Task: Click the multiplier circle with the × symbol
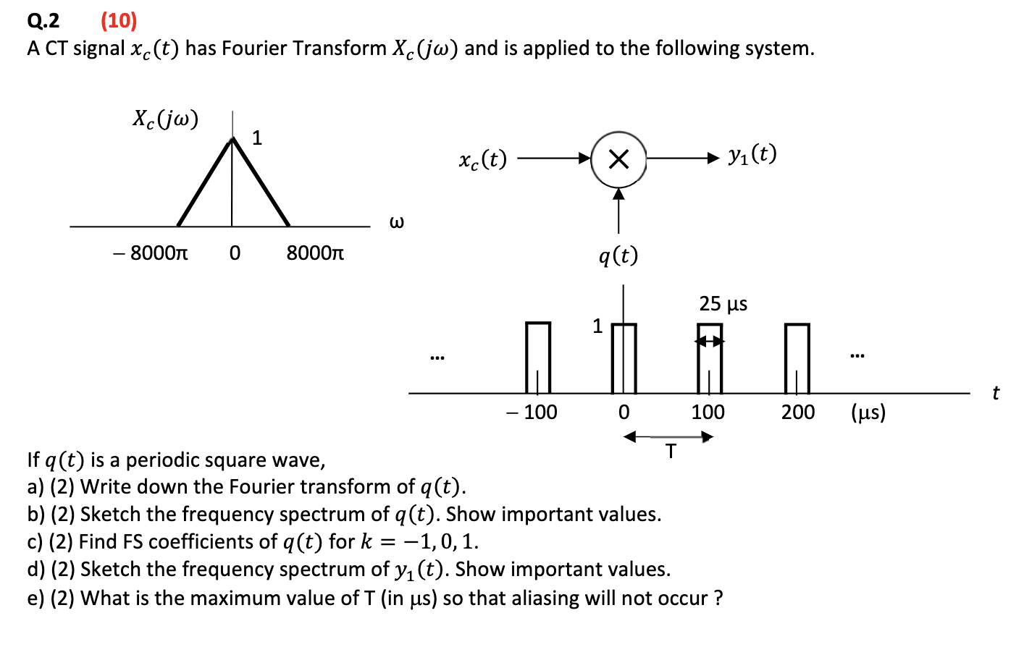tap(618, 159)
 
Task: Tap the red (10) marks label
tap(119, 20)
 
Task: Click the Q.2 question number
tap(43, 20)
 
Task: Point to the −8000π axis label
tap(151, 253)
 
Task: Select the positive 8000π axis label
tap(315, 253)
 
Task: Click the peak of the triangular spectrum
tap(232, 139)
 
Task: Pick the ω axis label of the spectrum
tap(397, 222)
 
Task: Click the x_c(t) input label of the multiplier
tap(482, 159)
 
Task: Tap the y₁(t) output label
tap(752, 154)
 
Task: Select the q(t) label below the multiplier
tap(618, 255)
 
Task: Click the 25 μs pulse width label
tap(723, 304)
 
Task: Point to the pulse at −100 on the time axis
tap(537, 358)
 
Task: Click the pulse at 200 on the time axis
tap(797, 358)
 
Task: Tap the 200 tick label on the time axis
tap(798, 413)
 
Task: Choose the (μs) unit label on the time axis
tap(868, 413)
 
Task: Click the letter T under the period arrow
tap(671, 452)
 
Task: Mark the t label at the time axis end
tap(996, 393)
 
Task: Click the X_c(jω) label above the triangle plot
tap(166, 119)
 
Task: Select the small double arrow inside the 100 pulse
tap(710, 342)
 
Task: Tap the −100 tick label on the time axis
tap(532, 413)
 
